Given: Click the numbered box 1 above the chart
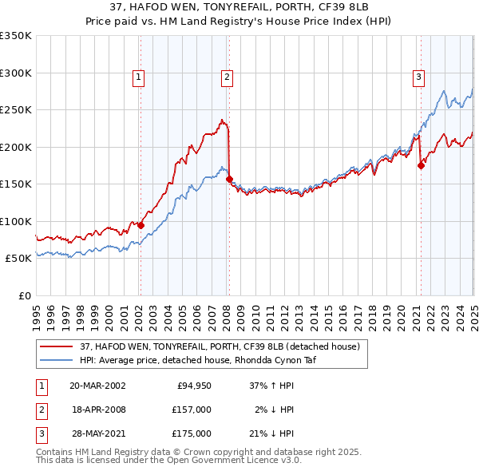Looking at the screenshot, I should coord(139,77).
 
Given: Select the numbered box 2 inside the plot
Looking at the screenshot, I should coord(228,77).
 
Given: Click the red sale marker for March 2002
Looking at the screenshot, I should coord(141,225).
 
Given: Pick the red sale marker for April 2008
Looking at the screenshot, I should coord(229,180).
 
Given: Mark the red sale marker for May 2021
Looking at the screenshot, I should coord(421,166).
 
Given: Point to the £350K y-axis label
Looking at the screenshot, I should coord(16,36).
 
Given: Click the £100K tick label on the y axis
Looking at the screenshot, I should coord(16,221).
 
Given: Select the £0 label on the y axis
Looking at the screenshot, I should coord(24,295).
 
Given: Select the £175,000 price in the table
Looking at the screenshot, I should coord(192,433).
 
